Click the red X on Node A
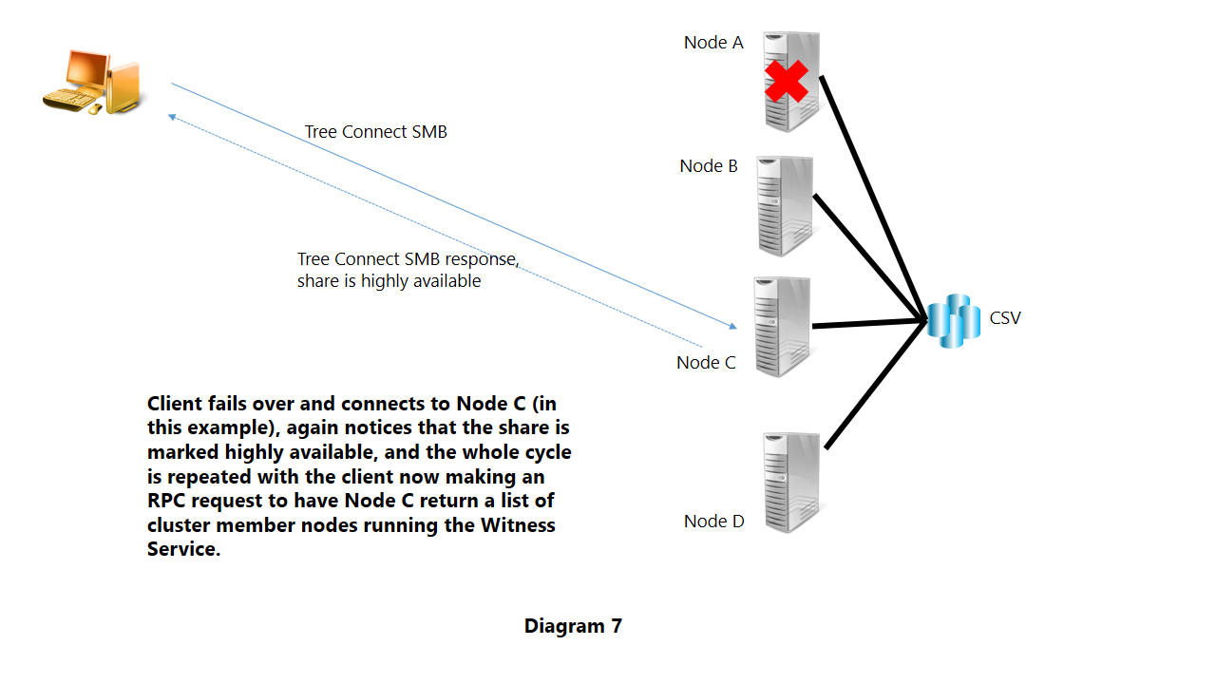(x=787, y=82)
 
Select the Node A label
(x=713, y=43)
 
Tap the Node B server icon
(x=785, y=206)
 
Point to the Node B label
(x=709, y=166)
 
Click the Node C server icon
(x=782, y=326)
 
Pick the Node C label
(x=706, y=363)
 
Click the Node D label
(x=714, y=522)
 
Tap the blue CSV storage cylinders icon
(x=953, y=321)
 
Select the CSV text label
(x=1005, y=318)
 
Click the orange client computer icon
(x=93, y=83)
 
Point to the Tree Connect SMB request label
(x=375, y=132)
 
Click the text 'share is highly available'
(x=389, y=281)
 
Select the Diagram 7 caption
(x=573, y=626)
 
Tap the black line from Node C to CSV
(x=869, y=325)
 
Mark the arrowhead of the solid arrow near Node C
(x=732, y=327)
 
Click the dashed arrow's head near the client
(x=173, y=116)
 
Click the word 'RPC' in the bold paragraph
(x=168, y=501)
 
